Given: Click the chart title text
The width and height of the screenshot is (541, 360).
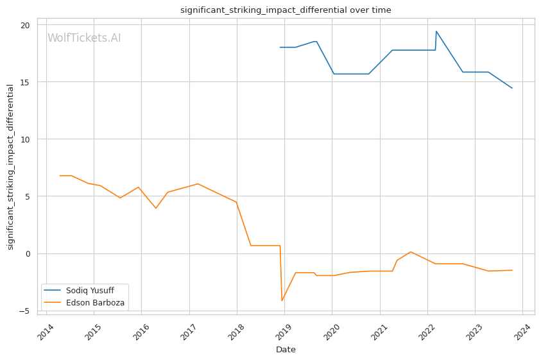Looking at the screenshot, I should [x=286, y=10].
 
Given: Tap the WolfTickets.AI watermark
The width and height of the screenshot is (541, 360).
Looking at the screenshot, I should [x=84, y=38].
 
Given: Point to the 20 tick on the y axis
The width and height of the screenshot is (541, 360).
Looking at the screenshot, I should [x=24, y=25].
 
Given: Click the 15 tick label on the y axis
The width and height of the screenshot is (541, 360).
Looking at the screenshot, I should [x=24, y=82].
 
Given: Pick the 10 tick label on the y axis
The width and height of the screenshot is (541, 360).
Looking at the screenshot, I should [x=24, y=139].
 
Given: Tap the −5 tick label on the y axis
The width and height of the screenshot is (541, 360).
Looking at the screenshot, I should [x=24, y=311].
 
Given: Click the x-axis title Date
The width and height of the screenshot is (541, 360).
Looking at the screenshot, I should [x=286, y=350].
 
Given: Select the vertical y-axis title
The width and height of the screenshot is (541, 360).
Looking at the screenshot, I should [x=10, y=167].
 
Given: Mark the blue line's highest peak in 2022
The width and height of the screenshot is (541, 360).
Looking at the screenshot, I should [x=436, y=31].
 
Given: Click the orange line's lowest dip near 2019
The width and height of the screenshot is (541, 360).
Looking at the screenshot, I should [x=282, y=301].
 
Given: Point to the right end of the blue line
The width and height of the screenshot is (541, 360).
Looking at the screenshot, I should [x=512, y=88].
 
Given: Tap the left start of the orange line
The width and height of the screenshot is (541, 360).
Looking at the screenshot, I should [x=60, y=175].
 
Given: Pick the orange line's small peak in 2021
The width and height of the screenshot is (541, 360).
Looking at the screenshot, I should [x=411, y=252].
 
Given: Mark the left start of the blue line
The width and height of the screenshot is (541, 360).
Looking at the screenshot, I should [x=280, y=47].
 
